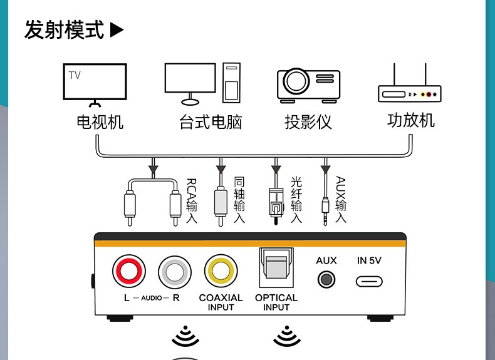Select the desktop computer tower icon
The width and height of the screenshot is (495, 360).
click(x=232, y=83)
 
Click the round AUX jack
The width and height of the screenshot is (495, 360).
click(x=326, y=279)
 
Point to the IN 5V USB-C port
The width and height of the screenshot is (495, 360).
click(x=369, y=280)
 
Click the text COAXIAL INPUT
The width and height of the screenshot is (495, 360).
click(x=221, y=302)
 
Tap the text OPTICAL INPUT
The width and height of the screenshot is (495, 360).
click(x=276, y=302)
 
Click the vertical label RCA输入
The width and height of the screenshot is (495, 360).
click(x=191, y=201)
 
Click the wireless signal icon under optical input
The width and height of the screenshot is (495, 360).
click(x=286, y=336)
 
